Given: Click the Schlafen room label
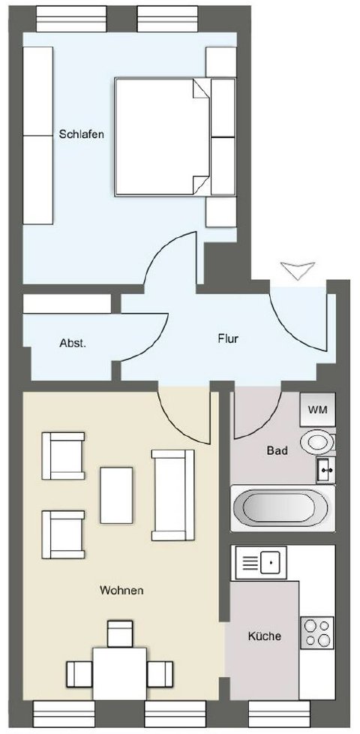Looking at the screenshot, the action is [x=81, y=134].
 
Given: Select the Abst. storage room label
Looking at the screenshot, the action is [x=73, y=343].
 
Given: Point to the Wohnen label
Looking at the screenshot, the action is [x=121, y=591].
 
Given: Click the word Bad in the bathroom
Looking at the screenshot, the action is [x=277, y=451].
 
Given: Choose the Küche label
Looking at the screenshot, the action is [x=265, y=636].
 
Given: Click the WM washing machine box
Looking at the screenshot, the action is [x=317, y=409].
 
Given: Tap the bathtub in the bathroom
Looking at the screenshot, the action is [x=283, y=508].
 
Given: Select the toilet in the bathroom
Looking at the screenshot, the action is [x=317, y=442].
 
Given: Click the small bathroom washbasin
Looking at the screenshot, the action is [x=325, y=470].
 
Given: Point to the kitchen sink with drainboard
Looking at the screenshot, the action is [x=261, y=562].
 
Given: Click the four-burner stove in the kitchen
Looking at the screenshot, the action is [x=317, y=633].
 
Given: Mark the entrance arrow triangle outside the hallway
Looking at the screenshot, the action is [x=297, y=271].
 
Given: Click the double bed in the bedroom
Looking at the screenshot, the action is [x=175, y=137].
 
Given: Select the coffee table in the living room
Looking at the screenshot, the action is [x=116, y=495].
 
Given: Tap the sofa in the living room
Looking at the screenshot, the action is [x=172, y=495].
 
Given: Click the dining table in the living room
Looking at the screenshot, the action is [x=120, y=674].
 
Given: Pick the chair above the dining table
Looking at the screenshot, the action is [x=120, y=633].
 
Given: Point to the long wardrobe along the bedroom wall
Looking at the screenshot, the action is [x=37, y=135].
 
